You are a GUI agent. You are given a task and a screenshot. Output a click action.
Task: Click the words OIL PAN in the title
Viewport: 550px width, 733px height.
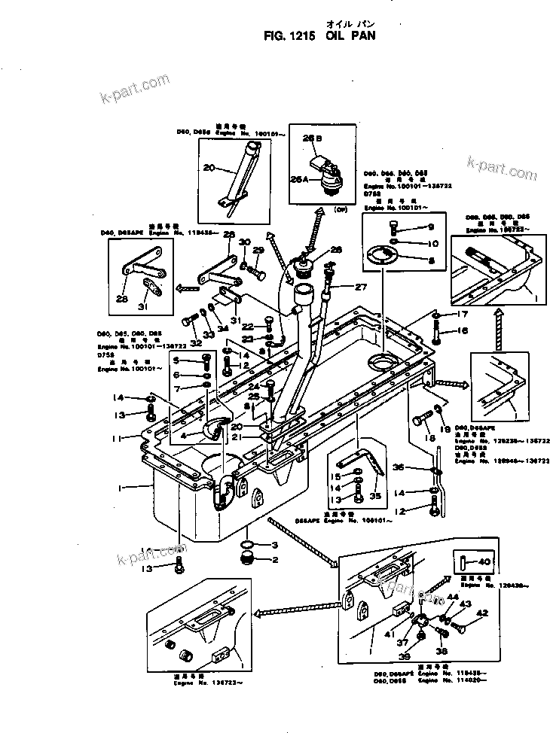[352, 35]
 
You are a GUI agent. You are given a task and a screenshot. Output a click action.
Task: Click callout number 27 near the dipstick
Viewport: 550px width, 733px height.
[360, 287]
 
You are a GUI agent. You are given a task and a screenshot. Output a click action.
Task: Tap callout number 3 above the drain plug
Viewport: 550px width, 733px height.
[275, 544]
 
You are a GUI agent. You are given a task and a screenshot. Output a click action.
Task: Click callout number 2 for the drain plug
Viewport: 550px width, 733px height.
[275, 559]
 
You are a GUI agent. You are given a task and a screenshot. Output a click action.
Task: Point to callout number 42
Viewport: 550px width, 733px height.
[482, 613]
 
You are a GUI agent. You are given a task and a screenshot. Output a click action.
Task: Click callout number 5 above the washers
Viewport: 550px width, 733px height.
[177, 360]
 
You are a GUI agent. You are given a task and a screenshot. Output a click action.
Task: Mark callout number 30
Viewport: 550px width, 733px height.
[243, 242]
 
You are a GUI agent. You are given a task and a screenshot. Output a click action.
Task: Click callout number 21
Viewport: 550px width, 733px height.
[236, 436]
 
